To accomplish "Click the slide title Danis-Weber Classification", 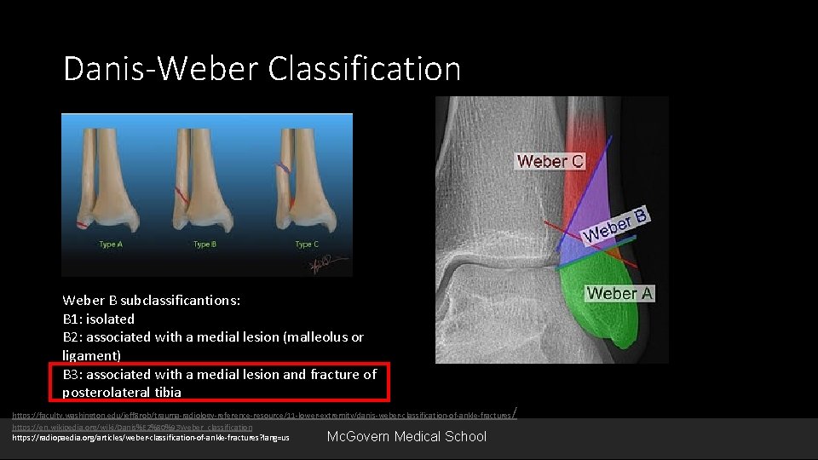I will [x=262, y=68].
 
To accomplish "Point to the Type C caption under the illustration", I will [x=306, y=244].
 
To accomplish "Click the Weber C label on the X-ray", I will [x=550, y=161].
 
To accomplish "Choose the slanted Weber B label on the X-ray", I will [x=615, y=223].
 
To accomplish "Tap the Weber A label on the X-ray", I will [x=619, y=293].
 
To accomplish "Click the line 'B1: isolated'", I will [x=99, y=319].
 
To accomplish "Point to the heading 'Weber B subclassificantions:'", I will [x=152, y=300].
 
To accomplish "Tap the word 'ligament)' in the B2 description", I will [x=92, y=355].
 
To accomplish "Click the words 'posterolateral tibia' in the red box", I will [x=122, y=392].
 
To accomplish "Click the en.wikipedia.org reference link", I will [x=132, y=427].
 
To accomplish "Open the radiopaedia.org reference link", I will [x=150, y=438].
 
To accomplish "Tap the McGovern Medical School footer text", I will [x=406, y=436].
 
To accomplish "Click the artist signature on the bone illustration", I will [x=318, y=265].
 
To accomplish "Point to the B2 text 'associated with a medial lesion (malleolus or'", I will [x=226, y=337].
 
